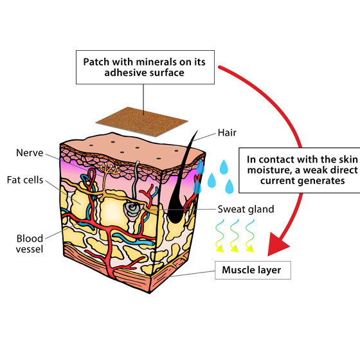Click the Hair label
tap(227, 132)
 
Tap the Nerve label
tap(30, 153)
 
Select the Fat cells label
tap(25, 180)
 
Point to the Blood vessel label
tap(30, 244)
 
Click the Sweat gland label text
tap(246, 209)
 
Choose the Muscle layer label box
tap(253, 270)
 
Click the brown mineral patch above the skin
tap(142, 122)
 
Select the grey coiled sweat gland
tap(132, 208)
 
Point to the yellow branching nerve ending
tap(110, 169)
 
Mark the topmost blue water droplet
tap(224, 167)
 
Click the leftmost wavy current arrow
tap(219, 236)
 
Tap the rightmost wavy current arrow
tap(250, 236)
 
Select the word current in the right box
tap(276, 181)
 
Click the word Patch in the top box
tap(96, 62)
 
